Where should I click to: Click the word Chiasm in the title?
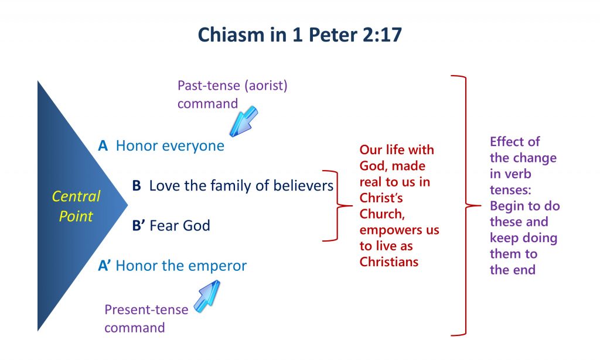(x=231, y=35)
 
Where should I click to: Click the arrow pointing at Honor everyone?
(x=243, y=121)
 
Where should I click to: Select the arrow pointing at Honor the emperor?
(x=207, y=296)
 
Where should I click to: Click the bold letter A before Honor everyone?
(x=103, y=146)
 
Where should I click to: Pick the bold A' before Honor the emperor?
(x=104, y=266)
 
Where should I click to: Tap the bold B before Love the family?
(x=137, y=186)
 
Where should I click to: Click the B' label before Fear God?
(x=138, y=226)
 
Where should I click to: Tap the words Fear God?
(x=180, y=226)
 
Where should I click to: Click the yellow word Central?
(x=76, y=196)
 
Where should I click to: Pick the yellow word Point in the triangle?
(x=76, y=216)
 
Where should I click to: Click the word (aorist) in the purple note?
(x=268, y=86)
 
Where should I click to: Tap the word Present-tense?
(x=146, y=310)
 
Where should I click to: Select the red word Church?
(x=382, y=213)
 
